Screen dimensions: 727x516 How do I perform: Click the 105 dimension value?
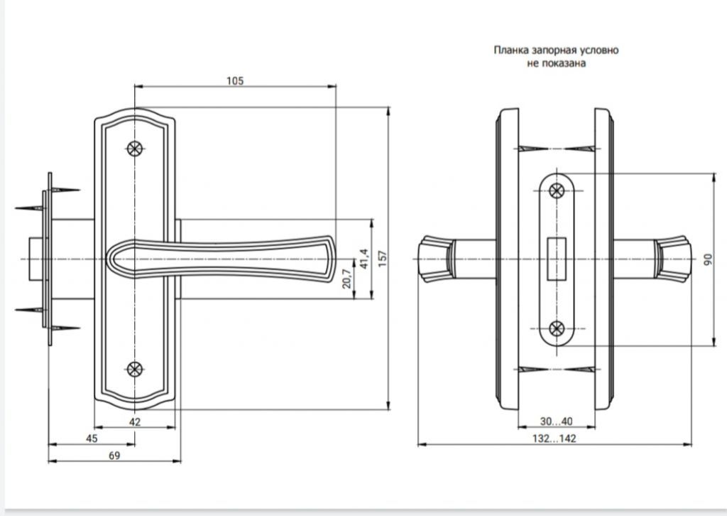pyautogui.click(x=234, y=81)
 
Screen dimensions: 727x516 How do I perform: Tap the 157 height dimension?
pyautogui.click(x=383, y=259)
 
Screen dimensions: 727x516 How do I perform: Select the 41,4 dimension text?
pyautogui.click(x=364, y=259)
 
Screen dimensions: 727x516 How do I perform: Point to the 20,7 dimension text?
pyautogui.click(x=346, y=279)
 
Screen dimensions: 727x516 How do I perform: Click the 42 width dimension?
pyautogui.click(x=134, y=421)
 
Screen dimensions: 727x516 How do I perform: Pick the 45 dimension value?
pyautogui.click(x=92, y=439)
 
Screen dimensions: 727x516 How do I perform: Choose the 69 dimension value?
pyautogui.click(x=114, y=456)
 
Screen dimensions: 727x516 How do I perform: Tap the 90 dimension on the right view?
pyautogui.click(x=708, y=259)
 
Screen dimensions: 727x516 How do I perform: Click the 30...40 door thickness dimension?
pyautogui.click(x=556, y=421)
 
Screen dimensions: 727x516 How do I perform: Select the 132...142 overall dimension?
pyautogui.click(x=554, y=439)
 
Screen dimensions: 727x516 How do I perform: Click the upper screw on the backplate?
pyautogui.click(x=134, y=149)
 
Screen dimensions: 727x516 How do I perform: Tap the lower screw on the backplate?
pyautogui.click(x=134, y=370)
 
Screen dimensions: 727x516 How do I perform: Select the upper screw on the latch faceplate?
pyautogui.click(x=557, y=190)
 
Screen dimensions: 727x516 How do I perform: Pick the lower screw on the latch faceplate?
pyautogui.click(x=557, y=329)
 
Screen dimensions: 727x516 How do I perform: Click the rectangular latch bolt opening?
pyautogui.click(x=557, y=259)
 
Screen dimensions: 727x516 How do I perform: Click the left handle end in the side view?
pyautogui.click(x=436, y=259)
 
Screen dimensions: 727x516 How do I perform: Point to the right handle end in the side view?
pyautogui.click(x=673, y=259)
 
